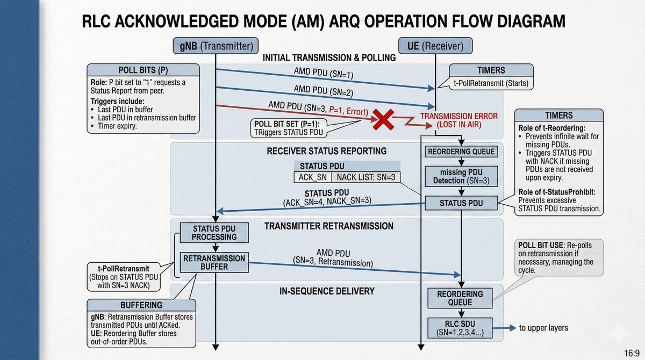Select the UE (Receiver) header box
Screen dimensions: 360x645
[435, 46]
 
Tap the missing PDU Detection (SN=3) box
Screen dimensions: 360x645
[461, 176]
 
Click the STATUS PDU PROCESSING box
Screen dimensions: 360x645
[214, 233]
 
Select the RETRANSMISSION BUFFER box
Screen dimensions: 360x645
[214, 262]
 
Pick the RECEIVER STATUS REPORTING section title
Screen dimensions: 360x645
[327, 151]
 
